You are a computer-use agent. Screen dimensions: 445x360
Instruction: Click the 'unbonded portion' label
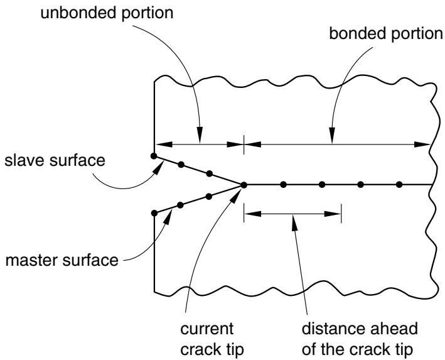coord(107,13)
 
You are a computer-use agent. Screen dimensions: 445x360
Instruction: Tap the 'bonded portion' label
coord(386,33)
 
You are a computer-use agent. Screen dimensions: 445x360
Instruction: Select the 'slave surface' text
coord(55,160)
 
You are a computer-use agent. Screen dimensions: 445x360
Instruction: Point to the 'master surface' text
coord(62,260)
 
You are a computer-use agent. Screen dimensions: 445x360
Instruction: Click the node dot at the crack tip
coord(244,185)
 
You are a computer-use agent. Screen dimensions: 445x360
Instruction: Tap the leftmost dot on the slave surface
coord(154,156)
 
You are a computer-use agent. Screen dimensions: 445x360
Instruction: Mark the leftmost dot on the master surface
coord(154,213)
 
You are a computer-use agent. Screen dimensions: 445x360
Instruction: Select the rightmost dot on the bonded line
coord(399,185)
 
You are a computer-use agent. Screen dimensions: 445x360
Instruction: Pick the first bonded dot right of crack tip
coord(283,185)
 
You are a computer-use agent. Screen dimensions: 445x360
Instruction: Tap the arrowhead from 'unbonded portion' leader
coord(200,134)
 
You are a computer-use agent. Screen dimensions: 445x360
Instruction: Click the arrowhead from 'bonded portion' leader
coord(332,134)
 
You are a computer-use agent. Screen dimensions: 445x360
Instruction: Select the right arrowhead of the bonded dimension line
coord(422,145)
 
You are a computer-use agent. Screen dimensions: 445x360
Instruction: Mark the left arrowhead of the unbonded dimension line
coord(164,145)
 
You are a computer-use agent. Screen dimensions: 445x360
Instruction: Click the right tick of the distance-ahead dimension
coord(341,214)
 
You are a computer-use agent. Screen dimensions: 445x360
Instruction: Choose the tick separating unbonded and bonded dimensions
coord(244,145)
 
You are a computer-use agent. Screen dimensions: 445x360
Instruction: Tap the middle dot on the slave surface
coord(181,165)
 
